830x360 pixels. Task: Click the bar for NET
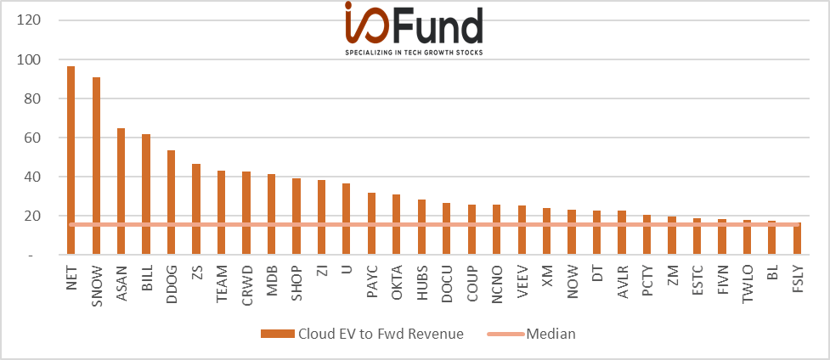(x=71, y=160)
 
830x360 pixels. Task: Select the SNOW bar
(x=96, y=166)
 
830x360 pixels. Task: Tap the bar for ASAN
(x=121, y=191)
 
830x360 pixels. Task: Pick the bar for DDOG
(x=171, y=203)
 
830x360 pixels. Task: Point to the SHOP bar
(x=296, y=217)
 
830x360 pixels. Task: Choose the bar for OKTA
(x=397, y=224)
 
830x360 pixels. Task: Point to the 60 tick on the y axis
(x=36, y=138)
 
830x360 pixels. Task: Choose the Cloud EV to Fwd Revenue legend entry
(x=362, y=334)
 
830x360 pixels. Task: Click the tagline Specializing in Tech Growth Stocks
(x=414, y=53)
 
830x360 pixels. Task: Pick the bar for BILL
(x=146, y=194)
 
